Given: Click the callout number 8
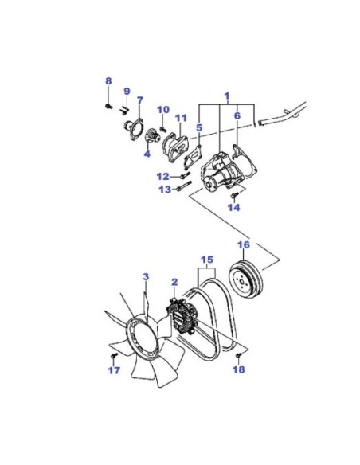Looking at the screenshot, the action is pos(108,80).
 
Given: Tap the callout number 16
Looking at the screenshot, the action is pos(244,245).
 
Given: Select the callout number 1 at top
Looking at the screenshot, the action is pos(227,96).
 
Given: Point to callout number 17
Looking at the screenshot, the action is pos(115,370).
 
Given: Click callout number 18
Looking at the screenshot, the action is pos(239,369).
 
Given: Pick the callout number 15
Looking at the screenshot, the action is pos(207,260).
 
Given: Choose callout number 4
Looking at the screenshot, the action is pos(147,154).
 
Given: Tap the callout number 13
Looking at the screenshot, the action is pos(165,190).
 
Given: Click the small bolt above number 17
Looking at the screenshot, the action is pos(114,355).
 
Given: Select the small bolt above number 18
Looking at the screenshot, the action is pos(239,354).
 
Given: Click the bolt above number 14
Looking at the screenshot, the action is pos(235,195).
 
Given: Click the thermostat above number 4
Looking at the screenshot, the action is pos(153,137).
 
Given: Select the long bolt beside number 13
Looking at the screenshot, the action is pos(184,186).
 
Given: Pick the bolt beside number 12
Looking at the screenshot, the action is pos(185,175).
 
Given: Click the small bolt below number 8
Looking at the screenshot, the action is pos(108,105).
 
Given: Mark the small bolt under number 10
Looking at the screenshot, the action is pos(163,129).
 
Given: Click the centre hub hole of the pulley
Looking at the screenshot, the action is pos(242,281).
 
